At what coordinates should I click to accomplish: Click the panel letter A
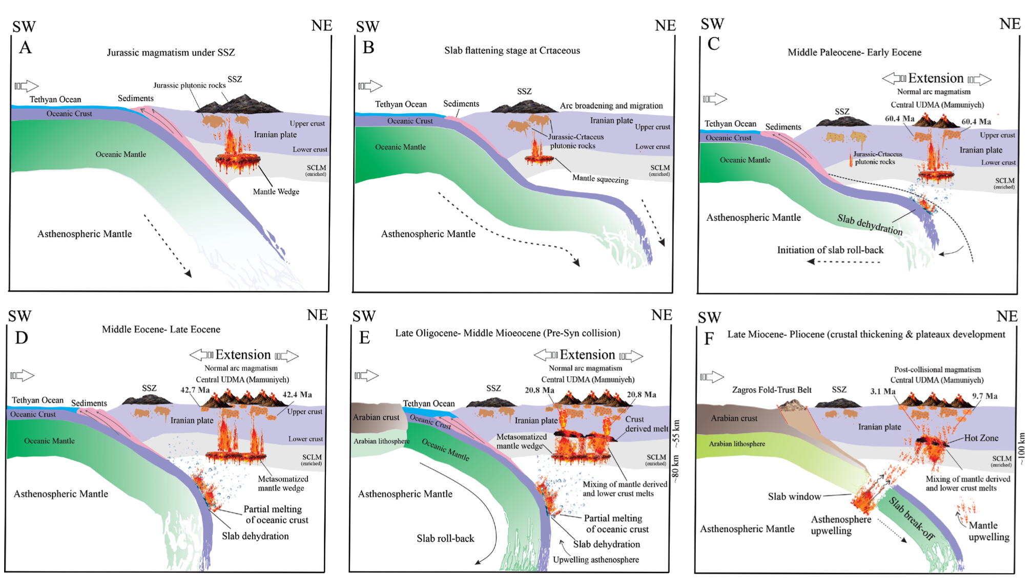coord(26,48)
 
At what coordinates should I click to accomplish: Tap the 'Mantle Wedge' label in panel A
coord(276,191)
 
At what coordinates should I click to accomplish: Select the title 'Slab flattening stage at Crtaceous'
coord(512,50)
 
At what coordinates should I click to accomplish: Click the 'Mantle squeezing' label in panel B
coord(600,179)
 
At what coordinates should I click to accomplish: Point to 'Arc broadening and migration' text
coord(611,105)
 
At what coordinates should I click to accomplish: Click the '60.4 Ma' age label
coord(899,119)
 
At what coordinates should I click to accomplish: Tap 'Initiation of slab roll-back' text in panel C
coord(830,250)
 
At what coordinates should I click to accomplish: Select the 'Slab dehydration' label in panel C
coord(870,225)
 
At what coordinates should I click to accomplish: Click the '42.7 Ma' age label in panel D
coord(195,390)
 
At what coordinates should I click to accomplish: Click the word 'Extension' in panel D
coord(243,355)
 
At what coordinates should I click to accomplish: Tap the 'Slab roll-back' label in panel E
coord(445,538)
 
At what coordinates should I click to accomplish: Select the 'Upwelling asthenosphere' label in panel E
coord(595,560)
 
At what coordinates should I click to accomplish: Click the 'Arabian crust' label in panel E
coord(376,417)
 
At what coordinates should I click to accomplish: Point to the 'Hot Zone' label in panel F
coord(981,438)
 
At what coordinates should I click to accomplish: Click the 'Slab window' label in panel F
coord(794,496)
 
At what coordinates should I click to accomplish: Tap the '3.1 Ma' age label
coord(882,392)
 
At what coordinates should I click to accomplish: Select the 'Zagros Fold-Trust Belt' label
coord(771,390)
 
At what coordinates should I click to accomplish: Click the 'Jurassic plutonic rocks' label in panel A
coord(189,85)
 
